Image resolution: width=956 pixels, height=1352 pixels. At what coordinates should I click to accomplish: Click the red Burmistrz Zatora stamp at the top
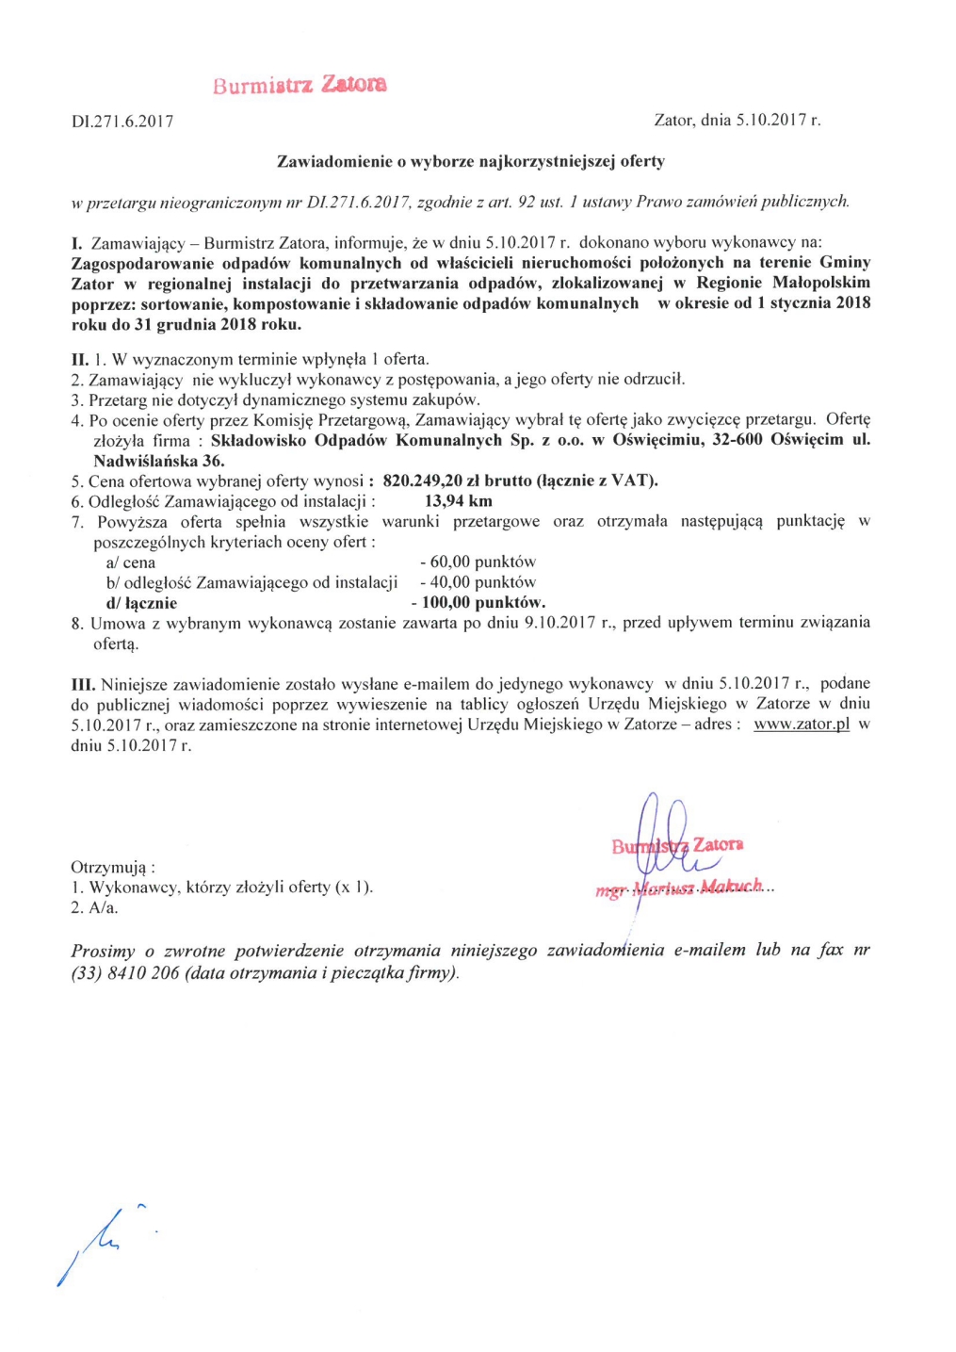pos(299,85)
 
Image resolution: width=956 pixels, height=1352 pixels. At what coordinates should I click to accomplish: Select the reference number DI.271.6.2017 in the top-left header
pos(122,122)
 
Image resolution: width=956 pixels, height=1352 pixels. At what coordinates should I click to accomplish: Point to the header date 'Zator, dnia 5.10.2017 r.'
pos(737,121)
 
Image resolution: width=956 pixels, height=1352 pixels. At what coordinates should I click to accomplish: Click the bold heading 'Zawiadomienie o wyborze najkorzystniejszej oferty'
pos(470,161)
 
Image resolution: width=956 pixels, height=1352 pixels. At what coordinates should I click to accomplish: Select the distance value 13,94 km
pos(458,501)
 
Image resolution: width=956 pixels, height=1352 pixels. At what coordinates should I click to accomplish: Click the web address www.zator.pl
pos(802,725)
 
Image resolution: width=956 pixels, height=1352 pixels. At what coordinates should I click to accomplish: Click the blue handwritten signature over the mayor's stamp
pos(659,829)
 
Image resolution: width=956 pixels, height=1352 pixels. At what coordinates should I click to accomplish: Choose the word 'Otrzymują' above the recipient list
pos(112,867)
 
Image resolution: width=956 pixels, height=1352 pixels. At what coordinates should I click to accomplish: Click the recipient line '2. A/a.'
pos(94,908)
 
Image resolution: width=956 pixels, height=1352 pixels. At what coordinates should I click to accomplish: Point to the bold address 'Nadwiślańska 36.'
pos(158,461)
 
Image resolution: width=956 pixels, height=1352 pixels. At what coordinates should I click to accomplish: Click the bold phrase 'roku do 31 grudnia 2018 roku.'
pos(186,324)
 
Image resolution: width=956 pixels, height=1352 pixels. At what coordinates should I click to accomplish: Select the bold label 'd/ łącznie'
pos(141,603)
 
